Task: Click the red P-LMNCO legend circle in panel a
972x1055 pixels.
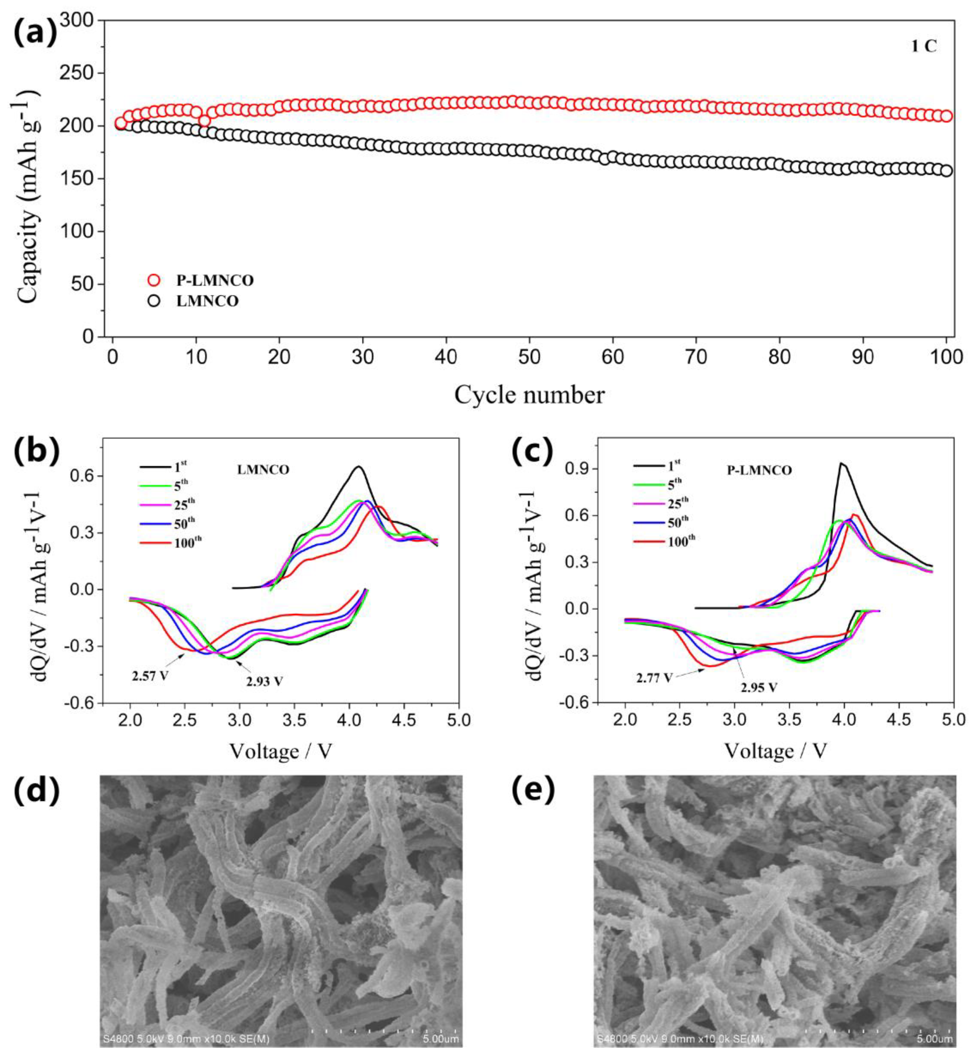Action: click(154, 280)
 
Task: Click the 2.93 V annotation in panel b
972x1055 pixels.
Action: click(264, 681)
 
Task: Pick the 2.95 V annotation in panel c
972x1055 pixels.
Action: click(759, 687)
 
